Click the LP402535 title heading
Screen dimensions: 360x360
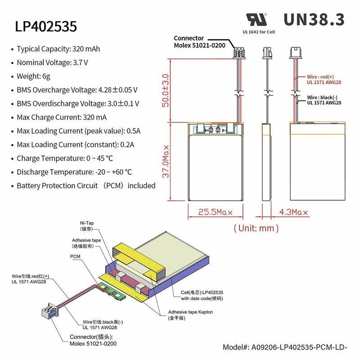click(46, 26)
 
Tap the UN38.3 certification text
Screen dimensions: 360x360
click(314, 19)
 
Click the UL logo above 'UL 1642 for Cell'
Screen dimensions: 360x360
click(256, 19)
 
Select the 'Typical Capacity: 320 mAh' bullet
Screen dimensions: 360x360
click(58, 49)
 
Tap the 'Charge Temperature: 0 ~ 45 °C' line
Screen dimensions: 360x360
click(64, 158)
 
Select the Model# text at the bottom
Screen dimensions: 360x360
click(286, 347)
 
